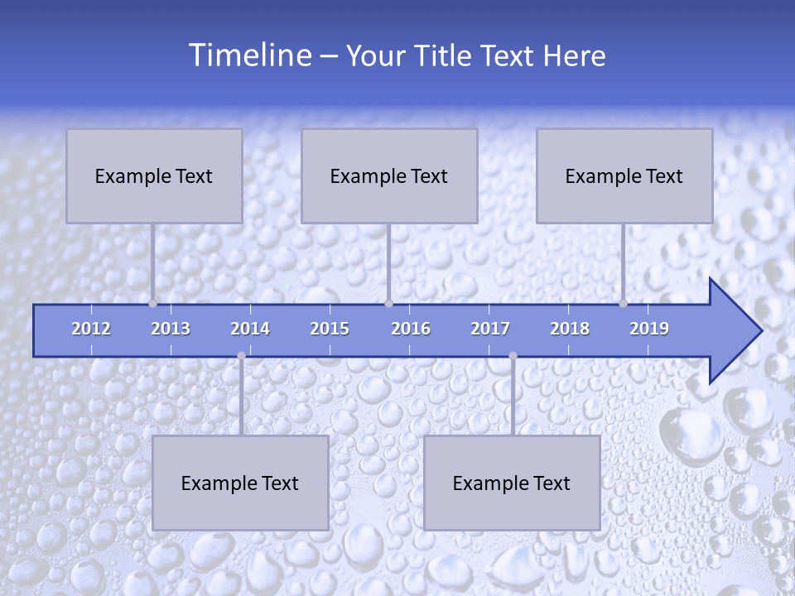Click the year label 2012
pyautogui.click(x=91, y=329)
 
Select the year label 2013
pyautogui.click(x=171, y=329)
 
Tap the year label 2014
pyautogui.click(x=250, y=329)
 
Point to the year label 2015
pyautogui.click(x=330, y=329)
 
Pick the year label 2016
pyautogui.click(x=411, y=329)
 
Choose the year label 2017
pyautogui.click(x=490, y=329)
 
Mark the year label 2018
pyautogui.click(x=570, y=329)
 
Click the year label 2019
pyautogui.click(x=649, y=329)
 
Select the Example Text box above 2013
pyautogui.click(x=154, y=175)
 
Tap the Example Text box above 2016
pyautogui.click(x=389, y=175)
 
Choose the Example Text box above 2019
pyautogui.click(x=624, y=175)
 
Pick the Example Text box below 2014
pyautogui.click(x=240, y=483)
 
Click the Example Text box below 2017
pyautogui.click(x=512, y=483)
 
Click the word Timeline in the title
pyautogui.click(x=248, y=55)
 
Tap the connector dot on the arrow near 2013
pyautogui.click(x=153, y=304)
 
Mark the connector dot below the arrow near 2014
pyautogui.click(x=241, y=356)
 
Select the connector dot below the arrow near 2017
pyautogui.click(x=513, y=356)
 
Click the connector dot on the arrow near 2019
pyautogui.click(x=623, y=304)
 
